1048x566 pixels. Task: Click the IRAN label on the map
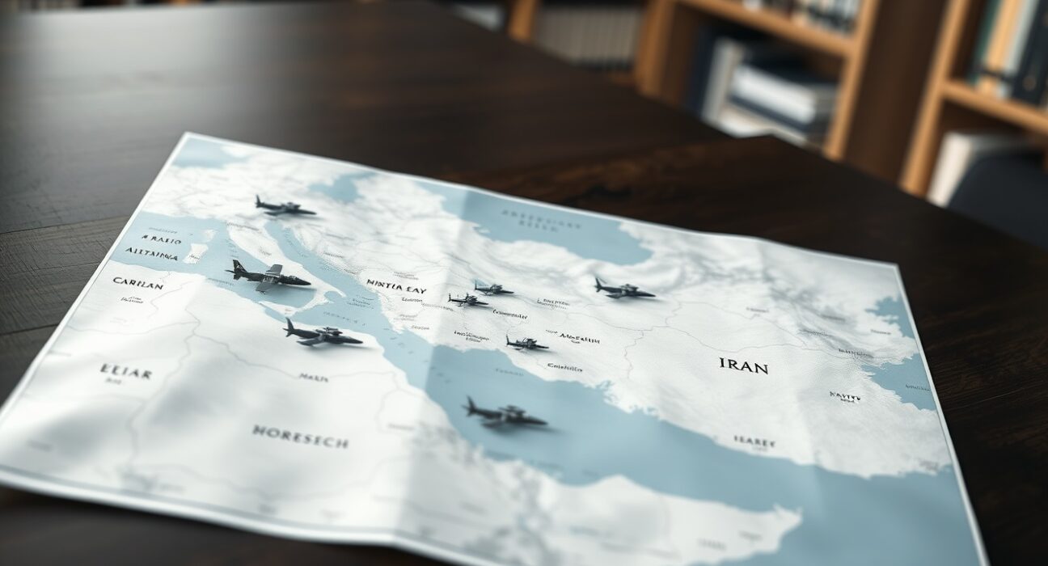743,365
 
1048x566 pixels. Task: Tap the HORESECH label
300,437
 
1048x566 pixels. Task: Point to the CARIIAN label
137,284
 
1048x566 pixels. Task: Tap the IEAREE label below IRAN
754,442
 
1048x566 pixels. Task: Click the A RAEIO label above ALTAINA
162,239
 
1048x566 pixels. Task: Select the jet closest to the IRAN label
623,289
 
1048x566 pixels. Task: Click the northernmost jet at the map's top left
284,207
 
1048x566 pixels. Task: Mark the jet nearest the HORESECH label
321,333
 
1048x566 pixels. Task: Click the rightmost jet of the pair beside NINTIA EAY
493,289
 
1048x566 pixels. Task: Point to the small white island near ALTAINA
195,253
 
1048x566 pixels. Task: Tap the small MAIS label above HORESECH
313,378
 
